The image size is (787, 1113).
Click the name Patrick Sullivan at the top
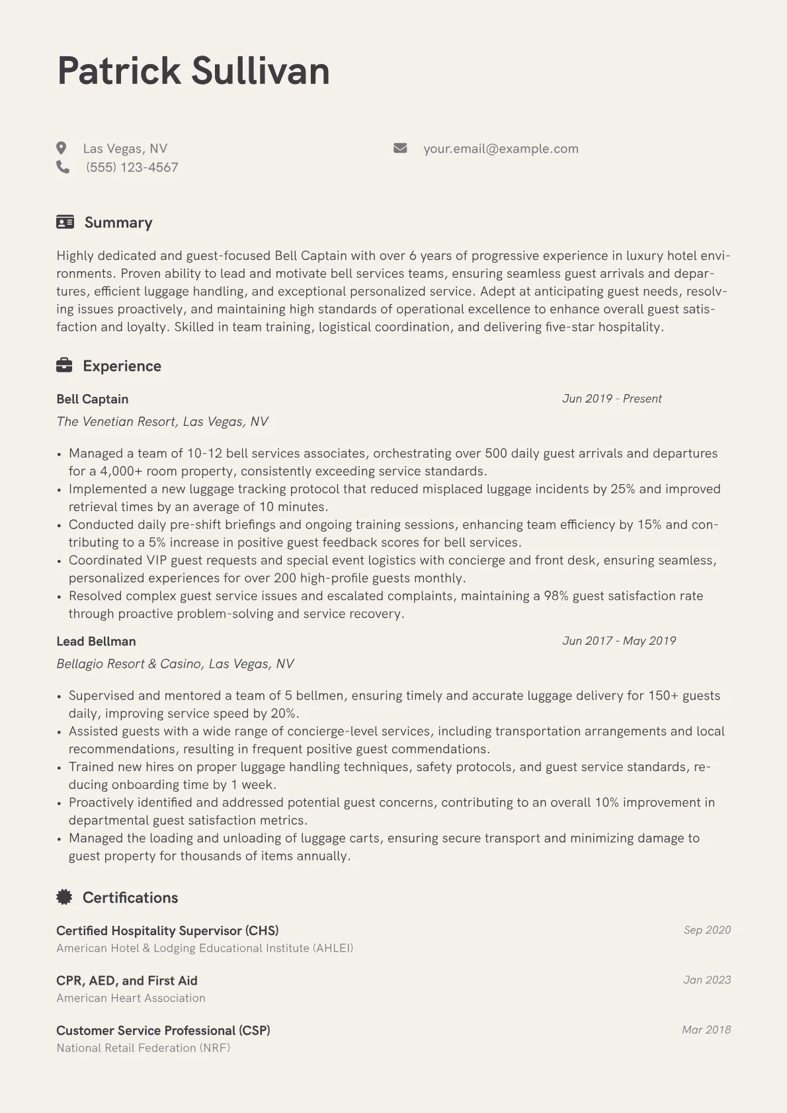(193, 71)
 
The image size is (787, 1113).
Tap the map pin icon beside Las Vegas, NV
(62, 148)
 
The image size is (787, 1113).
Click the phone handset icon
(63, 167)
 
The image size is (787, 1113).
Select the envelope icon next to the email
(400, 148)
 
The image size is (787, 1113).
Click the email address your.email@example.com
(501, 149)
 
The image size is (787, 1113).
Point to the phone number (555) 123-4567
(132, 167)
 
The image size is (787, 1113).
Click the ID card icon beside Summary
(65, 222)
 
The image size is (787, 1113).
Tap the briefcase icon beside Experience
(64, 366)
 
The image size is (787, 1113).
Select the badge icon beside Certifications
(64, 897)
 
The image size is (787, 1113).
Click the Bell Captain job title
(93, 399)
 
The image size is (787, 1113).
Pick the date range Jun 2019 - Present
(612, 399)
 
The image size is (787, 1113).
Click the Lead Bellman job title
(96, 641)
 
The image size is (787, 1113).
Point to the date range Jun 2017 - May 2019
(619, 641)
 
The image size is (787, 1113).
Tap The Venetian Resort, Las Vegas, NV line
(162, 422)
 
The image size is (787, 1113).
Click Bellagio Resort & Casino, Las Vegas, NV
(175, 664)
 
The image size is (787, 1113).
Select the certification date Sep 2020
(707, 930)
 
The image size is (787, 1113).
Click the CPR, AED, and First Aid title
(127, 981)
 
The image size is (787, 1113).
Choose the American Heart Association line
(131, 999)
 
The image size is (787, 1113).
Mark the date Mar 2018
(706, 1030)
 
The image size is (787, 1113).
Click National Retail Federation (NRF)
(144, 1048)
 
